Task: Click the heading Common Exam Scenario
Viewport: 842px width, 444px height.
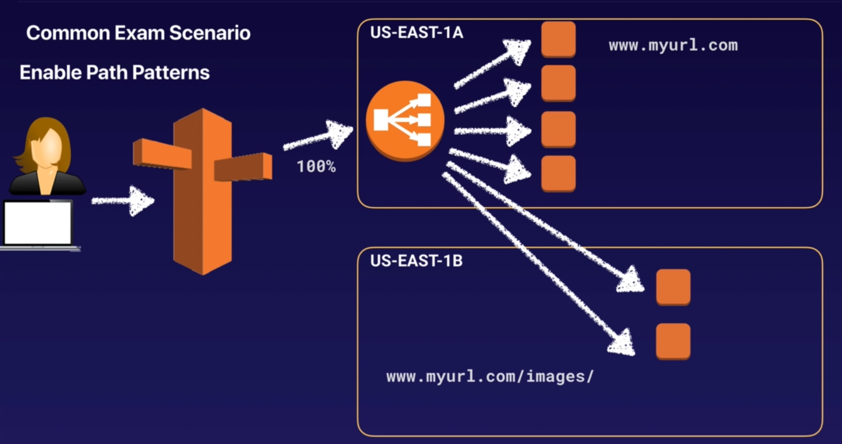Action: pos(138,33)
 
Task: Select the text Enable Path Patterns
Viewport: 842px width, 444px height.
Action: pos(115,72)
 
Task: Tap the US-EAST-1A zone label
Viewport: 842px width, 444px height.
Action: pos(416,32)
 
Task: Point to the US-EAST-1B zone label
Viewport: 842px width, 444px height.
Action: pos(416,261)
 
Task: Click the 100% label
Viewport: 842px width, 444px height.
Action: pos(316,166)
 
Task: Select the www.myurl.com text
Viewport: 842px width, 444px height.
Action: pos(673,45)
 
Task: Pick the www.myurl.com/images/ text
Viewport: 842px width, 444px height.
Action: pos(489,376)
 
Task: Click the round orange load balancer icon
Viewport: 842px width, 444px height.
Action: pos(405,120)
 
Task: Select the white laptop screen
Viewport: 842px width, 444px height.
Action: pos(38,223)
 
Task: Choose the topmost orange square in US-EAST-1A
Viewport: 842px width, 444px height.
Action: pos(558,39)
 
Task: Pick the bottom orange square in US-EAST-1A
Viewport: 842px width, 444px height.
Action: pos(558,173)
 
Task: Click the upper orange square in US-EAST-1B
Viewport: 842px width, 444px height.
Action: pos(673,287)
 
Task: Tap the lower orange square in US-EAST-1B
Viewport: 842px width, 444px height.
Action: pos(673,341)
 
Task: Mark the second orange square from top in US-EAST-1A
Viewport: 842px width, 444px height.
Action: pos(558,83)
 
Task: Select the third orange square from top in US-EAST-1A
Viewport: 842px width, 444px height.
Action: pos(558,129)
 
